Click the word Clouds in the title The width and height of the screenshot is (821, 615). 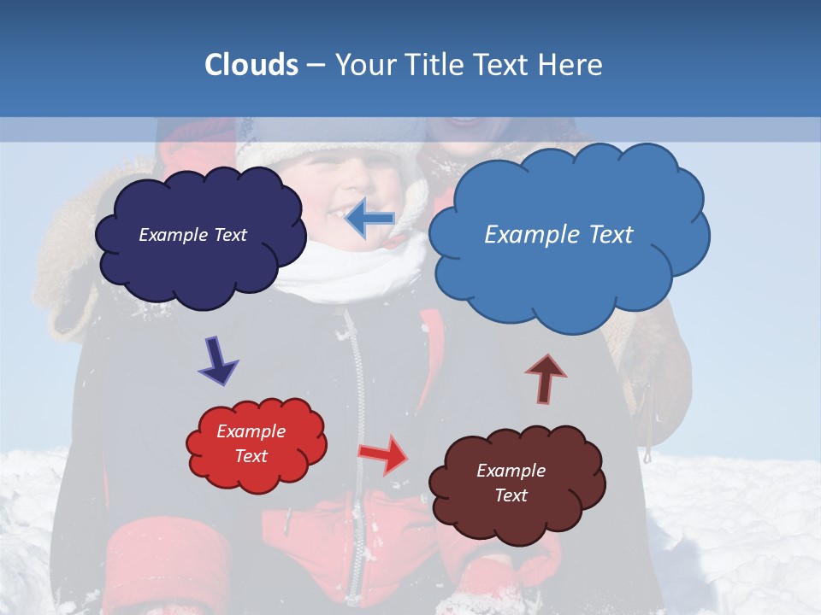click(251, 65)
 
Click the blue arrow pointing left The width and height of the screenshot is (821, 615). click(369, 220)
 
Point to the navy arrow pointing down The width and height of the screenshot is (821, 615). click(218, 360)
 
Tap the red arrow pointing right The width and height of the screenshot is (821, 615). click(384, 454)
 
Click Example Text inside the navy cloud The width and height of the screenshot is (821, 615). click(192, 235)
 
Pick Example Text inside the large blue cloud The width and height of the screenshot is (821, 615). click(558, 235)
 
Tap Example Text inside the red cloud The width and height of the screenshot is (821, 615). click(251, 443)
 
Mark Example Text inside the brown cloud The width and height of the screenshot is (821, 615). click(511, 483)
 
